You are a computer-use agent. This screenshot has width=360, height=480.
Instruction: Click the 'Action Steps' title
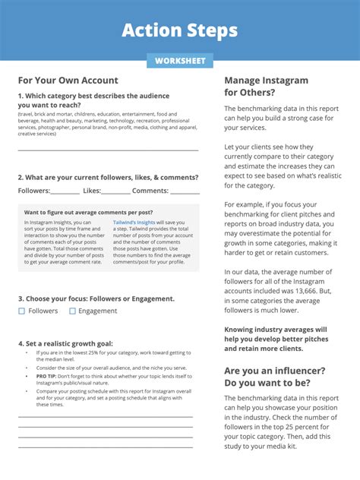(x=180, y=30)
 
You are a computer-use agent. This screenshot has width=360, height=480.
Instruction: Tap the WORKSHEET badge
(x=180, y=61)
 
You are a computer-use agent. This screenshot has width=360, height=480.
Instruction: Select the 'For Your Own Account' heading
(x=68, y=81)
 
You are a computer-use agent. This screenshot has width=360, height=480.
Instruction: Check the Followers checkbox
(x=22, y=311)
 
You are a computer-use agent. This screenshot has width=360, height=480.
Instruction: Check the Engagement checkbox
(x=73, y=311)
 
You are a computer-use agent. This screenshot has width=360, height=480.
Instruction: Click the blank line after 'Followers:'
(x=65, y=192)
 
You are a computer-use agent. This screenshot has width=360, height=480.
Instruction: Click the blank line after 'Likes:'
(x=115, y=192)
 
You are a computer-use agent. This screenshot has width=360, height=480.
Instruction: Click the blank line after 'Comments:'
(x=185, y=192)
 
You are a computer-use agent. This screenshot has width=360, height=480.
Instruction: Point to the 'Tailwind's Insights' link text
(x=134, y=222)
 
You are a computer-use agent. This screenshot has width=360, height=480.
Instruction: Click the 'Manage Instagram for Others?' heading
(x=266, y=86)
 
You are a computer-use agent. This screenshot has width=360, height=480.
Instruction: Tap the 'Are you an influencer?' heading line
(x=275, y=371)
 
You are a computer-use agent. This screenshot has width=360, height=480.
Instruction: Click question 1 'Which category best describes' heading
(x=88, y=100)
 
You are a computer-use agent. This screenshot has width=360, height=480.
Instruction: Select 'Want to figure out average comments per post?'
(x=89, y=212)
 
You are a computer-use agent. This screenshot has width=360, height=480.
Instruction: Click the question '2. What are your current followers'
(x=108, y=177)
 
